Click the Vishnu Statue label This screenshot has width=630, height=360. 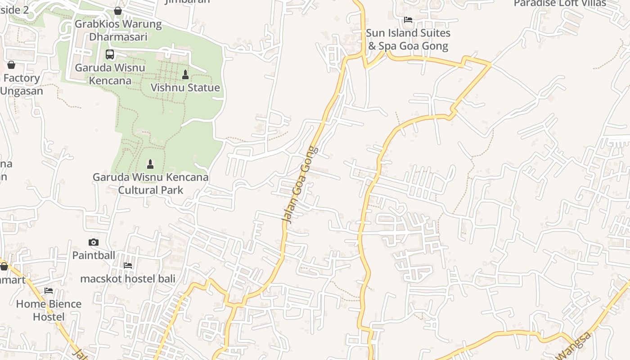click(185, 88)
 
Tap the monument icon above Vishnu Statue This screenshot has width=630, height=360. click(185, 74)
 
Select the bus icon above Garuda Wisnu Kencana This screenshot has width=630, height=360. click(110, 54)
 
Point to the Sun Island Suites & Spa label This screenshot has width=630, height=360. click(408, 40)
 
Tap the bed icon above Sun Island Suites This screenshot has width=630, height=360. click(408, 19)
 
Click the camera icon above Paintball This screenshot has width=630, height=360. click(94, 242)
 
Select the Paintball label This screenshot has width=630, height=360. click(94, 255)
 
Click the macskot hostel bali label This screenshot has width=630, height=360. click(128, 279)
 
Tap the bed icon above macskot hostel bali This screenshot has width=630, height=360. click(128, 265)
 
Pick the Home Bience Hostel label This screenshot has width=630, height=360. click(49, 310)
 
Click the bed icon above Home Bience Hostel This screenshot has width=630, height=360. click(49, 291)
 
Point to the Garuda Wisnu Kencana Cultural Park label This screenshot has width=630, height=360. click(150, 183)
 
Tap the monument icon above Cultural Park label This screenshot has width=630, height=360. click(150, 164)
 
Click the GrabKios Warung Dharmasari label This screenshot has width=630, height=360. click(118, 30)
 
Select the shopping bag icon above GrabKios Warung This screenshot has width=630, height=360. click(118, 10)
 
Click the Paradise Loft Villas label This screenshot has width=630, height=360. click(560, 4)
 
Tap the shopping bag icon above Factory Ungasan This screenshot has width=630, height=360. click(11, 65)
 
